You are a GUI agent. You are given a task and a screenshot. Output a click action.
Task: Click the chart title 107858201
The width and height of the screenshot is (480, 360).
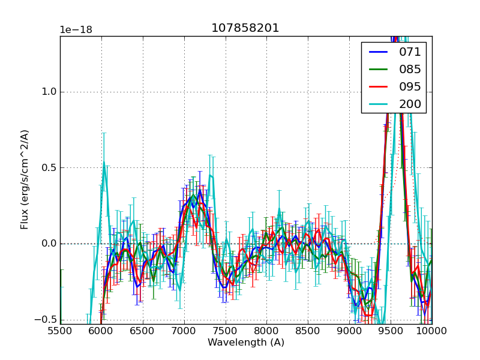pos(245,28)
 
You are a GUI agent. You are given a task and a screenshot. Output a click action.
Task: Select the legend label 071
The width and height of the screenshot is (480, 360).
pos(410,52)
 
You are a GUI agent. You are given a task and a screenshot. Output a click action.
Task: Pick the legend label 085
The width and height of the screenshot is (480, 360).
pos(410,70)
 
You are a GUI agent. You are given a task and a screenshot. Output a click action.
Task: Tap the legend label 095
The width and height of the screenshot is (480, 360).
pos(410,86)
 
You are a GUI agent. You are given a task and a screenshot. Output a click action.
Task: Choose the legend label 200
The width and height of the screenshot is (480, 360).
pos(410,104)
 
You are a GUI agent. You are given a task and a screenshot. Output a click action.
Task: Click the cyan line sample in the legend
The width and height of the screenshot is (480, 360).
pos(380,104)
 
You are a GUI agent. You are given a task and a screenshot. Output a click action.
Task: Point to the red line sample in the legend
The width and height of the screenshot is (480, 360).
pos(380,86)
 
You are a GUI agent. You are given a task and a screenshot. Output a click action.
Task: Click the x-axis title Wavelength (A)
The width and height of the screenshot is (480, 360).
pos(246,343)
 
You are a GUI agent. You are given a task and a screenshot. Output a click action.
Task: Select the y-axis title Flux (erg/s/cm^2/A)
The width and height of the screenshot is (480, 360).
pos(25,179)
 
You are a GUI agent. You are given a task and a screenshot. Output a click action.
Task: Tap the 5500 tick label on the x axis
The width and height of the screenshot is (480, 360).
pos(60,331)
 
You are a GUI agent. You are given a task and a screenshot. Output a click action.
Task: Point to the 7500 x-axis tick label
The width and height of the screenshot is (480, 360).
pos(226,331)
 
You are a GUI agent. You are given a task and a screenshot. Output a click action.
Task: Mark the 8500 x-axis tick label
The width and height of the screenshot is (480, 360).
pos(308,331)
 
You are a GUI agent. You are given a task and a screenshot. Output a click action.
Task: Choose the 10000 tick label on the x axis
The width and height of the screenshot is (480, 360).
pos(431,331)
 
